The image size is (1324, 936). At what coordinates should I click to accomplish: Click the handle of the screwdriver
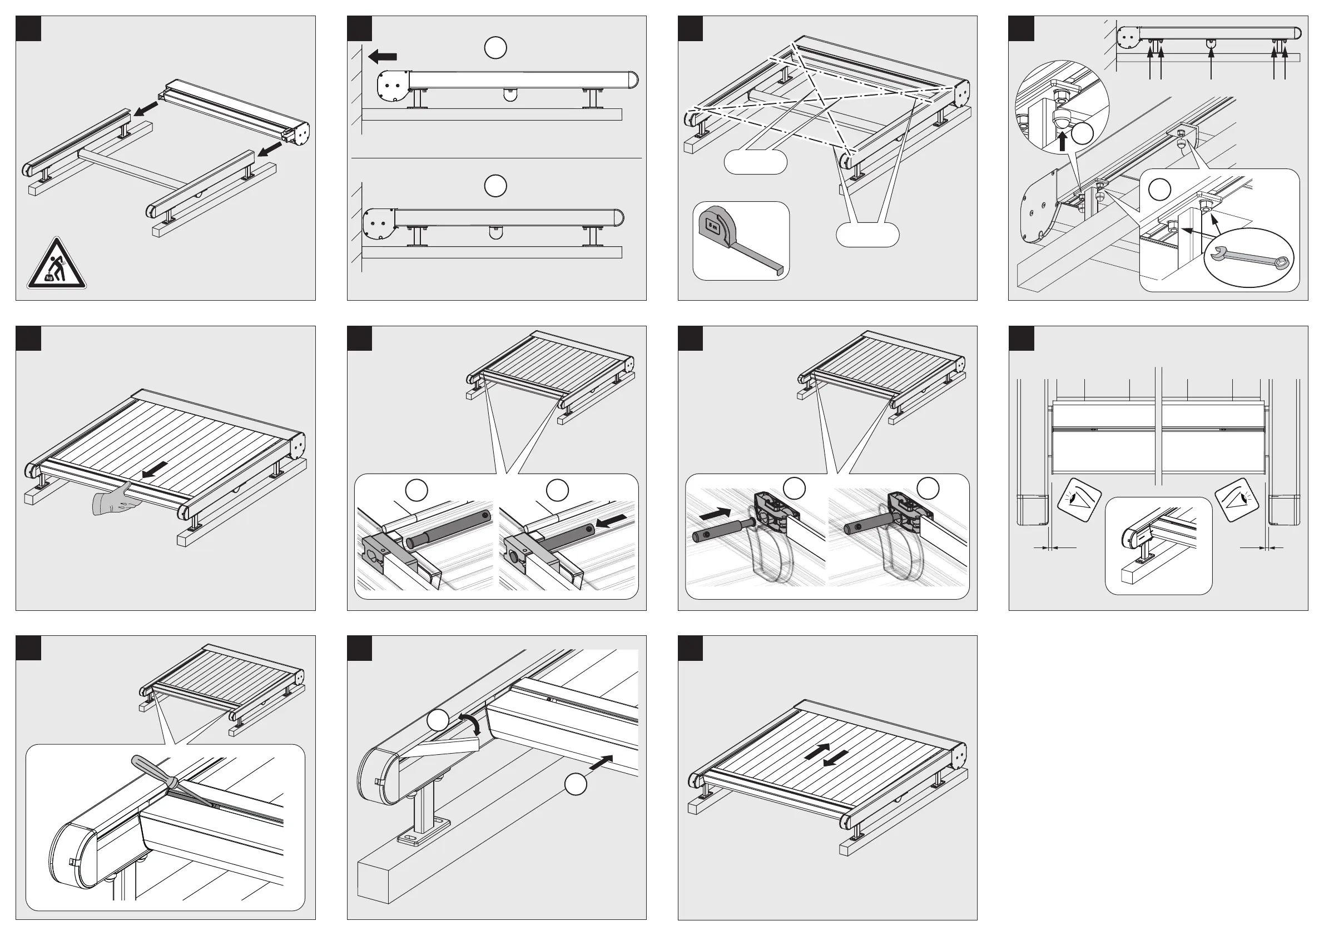[x=147, y=768]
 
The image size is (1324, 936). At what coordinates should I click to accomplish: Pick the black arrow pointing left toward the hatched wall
[x=383, y=57]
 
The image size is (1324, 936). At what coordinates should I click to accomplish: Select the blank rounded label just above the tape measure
[x=755, y=162]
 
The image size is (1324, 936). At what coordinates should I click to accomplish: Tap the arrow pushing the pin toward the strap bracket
[x=715, y=511]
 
